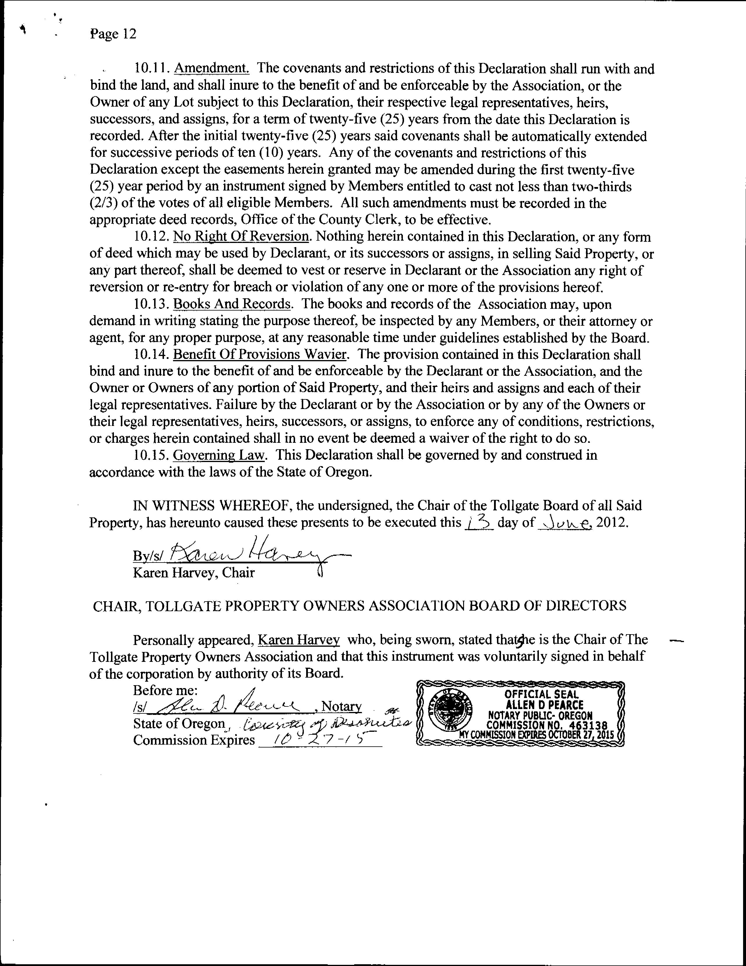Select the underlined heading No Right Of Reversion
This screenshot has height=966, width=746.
(241, 237)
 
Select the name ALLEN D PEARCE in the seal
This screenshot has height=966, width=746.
(544, 705)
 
